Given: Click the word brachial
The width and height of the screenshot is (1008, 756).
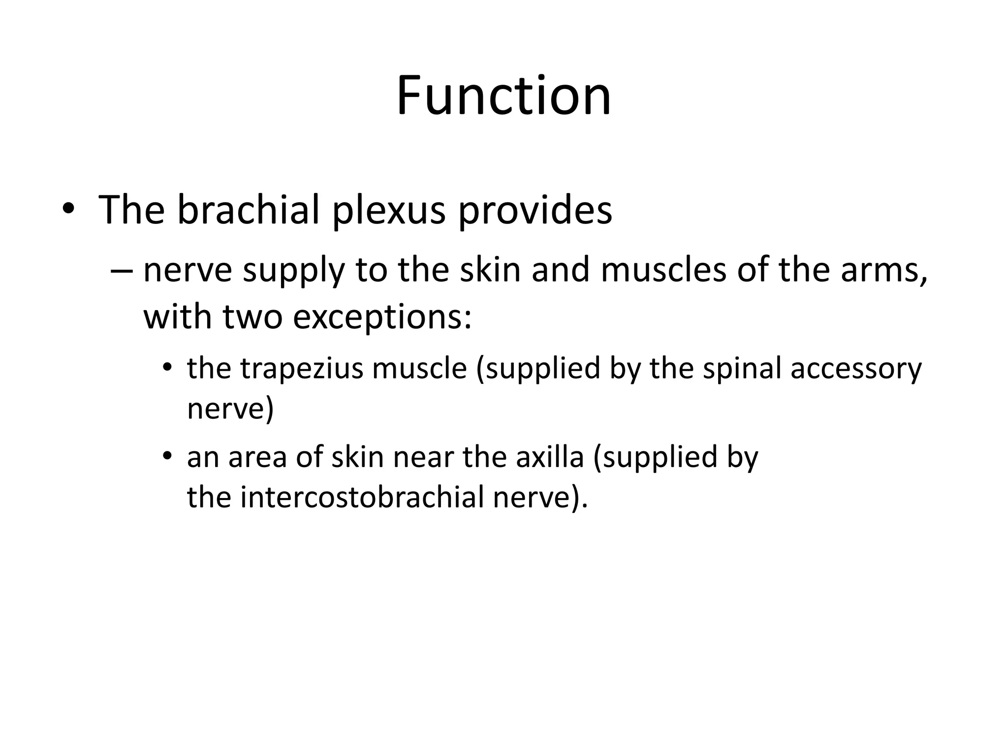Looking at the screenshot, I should click(x=249, y=210).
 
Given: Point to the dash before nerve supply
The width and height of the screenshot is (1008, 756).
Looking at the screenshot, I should click(x=122, y=271).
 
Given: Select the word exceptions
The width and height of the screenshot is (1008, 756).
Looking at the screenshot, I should click(x=382, y=318).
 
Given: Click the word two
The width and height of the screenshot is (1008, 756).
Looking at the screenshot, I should click(x=252, y=317).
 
